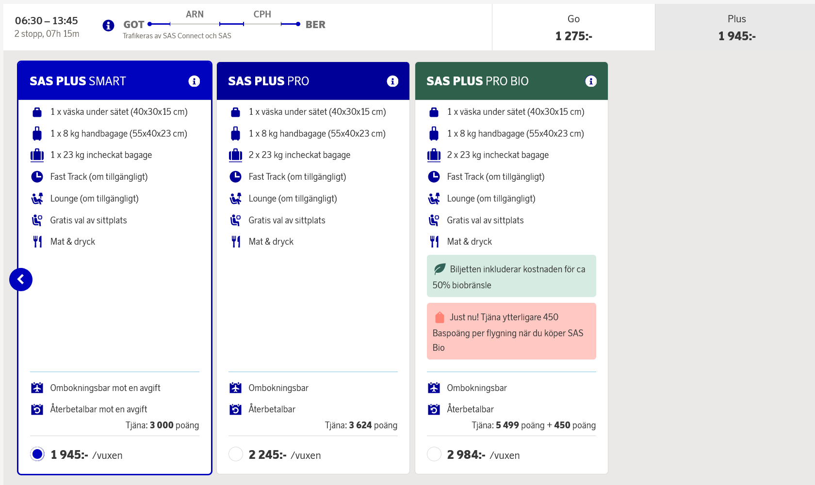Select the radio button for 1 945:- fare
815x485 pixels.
[x=37, y=454]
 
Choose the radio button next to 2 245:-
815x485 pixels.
[x=236, y=454]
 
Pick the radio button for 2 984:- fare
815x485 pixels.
[x=434, y=454]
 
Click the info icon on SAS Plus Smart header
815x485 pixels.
[x=194, y=81]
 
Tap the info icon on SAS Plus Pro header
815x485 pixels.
[x=392, y=81]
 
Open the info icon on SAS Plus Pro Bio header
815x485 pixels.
[x=591, y=81]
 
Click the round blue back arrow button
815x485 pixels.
[x=21, y=280]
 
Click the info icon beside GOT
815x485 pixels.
[x=108, y=25]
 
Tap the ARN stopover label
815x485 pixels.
[x=195, y=15]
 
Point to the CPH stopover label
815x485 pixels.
[x=262, y=15]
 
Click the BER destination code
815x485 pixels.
[x=315, y=25]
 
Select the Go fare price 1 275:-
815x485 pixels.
[x=573, y=36]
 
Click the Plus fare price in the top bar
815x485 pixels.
[x=736, y=36]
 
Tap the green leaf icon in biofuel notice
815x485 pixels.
[x=440, y=269]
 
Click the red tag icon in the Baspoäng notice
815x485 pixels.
[x=440, y=317]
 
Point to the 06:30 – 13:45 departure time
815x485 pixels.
[x=47, y=21]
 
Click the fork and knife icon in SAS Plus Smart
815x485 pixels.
[x=37, y=242]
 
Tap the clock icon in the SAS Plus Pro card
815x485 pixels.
[x=235, y=177]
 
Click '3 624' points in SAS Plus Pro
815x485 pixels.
[x=360, y=425]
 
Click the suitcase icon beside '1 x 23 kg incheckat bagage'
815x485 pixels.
[x=37, y=155]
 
